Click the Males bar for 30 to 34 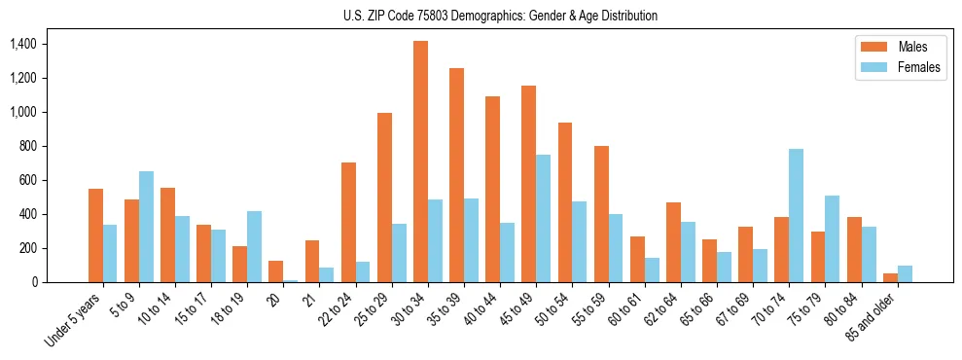420,162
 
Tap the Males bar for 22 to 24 348,222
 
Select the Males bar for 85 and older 891,277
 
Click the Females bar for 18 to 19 254,246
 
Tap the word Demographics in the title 495,16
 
